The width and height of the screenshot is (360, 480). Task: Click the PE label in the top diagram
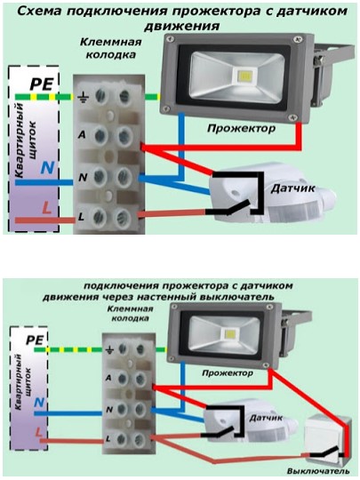click(42, 84)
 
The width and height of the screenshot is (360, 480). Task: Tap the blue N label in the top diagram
click(48, 168)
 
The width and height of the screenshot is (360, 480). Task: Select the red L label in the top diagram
click(46, 208)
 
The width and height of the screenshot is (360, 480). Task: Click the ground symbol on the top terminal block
click(83, 98)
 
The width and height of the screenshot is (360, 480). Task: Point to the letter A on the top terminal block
click(82, 134)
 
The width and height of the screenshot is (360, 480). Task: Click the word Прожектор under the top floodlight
click(241, 128)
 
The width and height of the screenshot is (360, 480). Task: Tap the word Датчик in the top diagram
click(292, 188)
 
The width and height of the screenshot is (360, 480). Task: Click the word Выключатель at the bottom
click(318, 471)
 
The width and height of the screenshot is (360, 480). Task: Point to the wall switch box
click(327, 441)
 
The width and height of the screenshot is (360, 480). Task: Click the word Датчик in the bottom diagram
click(266, 418)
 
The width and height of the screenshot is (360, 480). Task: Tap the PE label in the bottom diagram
click(35, 340)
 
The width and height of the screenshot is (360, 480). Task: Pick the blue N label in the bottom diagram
click(39, 403)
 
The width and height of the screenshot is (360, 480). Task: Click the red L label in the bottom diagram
click(38, 432)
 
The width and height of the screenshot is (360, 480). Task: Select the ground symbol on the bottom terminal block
click(109, 349)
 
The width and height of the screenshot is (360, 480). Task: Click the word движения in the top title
click(182, 26)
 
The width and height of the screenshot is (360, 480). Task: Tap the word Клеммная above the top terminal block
click(111, 42)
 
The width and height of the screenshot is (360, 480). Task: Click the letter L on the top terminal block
click(81, 217)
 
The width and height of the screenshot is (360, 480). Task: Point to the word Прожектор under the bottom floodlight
click(228, 373)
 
